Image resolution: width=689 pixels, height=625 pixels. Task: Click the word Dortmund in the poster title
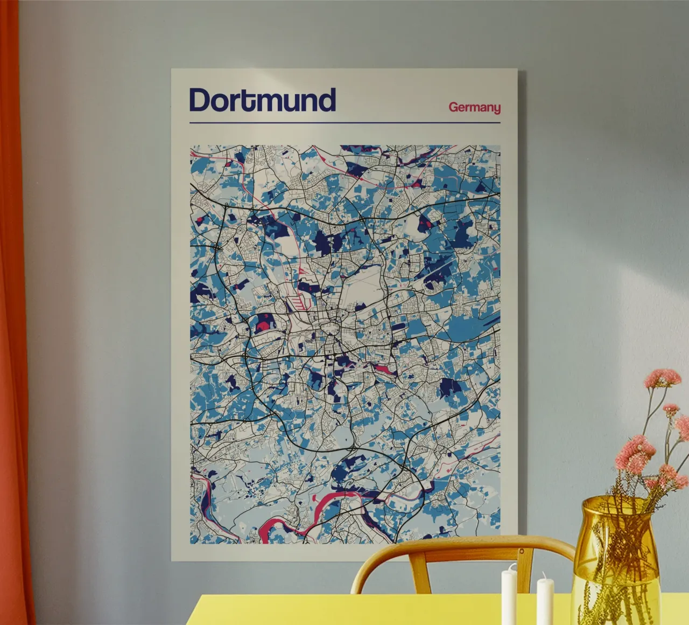click(262, 100)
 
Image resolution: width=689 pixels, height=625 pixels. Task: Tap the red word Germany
click(474, 107)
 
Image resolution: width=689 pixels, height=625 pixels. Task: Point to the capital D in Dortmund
click(200, 100)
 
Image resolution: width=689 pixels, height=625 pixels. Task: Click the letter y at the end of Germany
click(496, 109)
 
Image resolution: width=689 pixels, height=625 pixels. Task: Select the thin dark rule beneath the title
click(344, 123)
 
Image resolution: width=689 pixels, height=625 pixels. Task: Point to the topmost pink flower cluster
click(662, 378)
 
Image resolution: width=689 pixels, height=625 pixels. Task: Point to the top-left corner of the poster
click(172, 70)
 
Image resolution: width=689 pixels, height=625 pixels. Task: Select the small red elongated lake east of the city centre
click(383, 369)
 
